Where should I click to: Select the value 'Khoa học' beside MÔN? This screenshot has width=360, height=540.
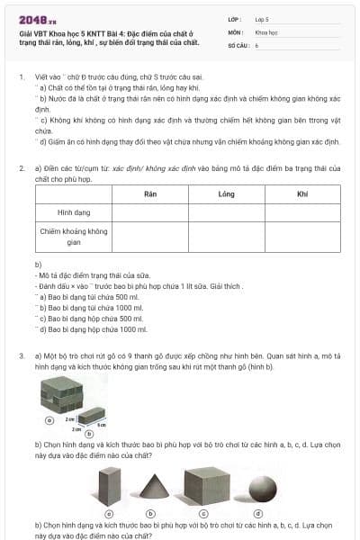pyautogui.click(x=266, y=31)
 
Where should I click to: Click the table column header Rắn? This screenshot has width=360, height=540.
pyautogui.click(x=150, y=193)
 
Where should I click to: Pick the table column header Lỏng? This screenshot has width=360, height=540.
pyautogui.click(x=227, y=193)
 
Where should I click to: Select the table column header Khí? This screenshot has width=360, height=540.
pyautogui.click(x=302, y=193)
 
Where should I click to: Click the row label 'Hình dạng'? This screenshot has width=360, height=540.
pyautogui.click(x=75, y=213)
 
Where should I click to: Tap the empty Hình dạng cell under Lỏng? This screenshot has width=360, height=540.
pyautogui.click(x=227, y=213)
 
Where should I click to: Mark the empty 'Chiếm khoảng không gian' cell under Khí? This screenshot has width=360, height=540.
pyautogui.click(x=302, y=237)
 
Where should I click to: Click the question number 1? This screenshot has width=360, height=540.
pyautogui.click(x=21, y=77)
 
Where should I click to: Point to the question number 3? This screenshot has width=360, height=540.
pyautogui.click(x=21, y=356)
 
